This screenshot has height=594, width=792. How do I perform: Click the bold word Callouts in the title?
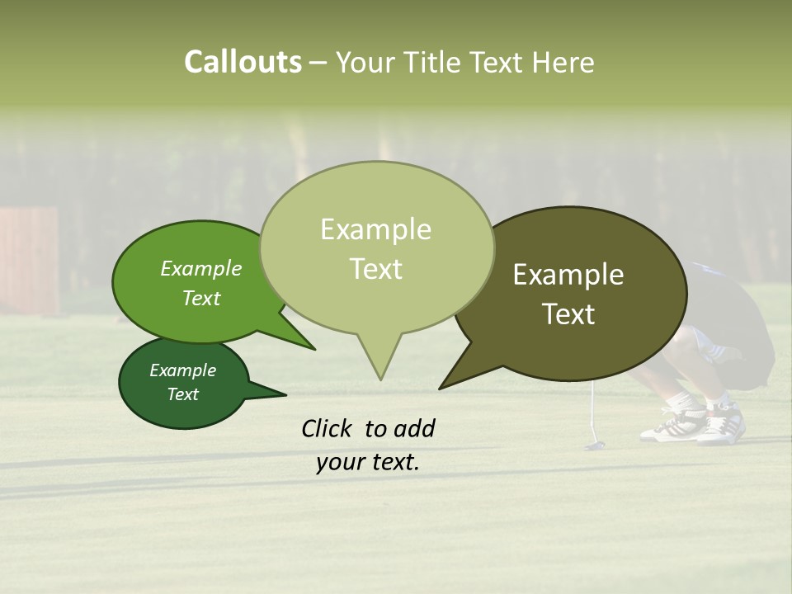(x=243, y=62)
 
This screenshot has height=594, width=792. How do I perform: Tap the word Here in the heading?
(x=562, y=63)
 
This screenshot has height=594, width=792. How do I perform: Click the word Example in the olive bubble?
(x=568, y=275)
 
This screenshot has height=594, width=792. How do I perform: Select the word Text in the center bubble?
(x=376, y=269)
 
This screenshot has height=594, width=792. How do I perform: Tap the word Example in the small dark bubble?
(x=182, y=370)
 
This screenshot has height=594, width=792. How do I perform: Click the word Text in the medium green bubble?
(x=201, y=298)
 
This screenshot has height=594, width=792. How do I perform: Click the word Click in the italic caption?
(x=328, y=428)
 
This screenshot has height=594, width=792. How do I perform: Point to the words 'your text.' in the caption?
(x=367, y=462)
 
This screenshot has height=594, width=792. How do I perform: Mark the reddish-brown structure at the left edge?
(x=30, y=260)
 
